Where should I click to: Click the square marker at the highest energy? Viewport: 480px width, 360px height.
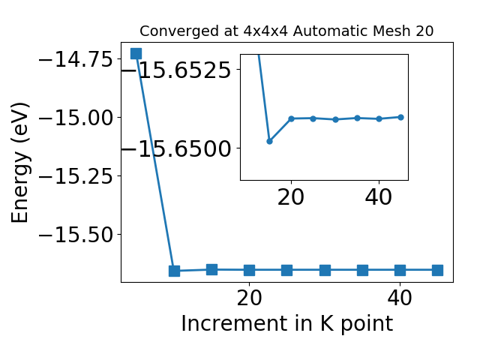click(136, 53)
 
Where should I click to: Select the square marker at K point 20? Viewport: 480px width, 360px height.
click(250, 270)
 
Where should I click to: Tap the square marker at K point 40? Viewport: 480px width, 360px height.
click(400, 270)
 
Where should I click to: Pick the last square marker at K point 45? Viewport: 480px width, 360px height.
click(437, 270)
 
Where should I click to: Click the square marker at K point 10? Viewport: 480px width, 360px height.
click(174, 271)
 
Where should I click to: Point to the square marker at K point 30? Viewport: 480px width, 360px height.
click(325, 270)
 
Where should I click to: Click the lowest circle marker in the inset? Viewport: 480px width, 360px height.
click(269, 141)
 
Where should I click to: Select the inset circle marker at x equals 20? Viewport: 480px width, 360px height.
click(292, 118)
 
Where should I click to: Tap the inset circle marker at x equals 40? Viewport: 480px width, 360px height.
click(379, 118)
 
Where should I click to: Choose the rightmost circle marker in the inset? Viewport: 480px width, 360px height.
click(400, 117)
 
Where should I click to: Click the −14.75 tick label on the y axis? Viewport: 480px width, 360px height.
click(76, 59)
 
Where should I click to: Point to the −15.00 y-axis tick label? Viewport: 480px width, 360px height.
click(76, 118)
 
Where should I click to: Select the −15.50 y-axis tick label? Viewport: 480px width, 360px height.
click(76, 235)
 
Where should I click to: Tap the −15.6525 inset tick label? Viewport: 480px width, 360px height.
click(176, 70)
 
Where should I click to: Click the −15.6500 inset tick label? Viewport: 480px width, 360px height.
click(176, 149)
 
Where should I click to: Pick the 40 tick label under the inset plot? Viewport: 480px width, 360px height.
click(378, 197)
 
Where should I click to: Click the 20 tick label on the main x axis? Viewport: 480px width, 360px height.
click(250, 298)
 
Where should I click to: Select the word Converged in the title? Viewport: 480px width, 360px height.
click(180, 31)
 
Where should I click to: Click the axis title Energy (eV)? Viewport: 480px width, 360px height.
click(20, 163)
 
